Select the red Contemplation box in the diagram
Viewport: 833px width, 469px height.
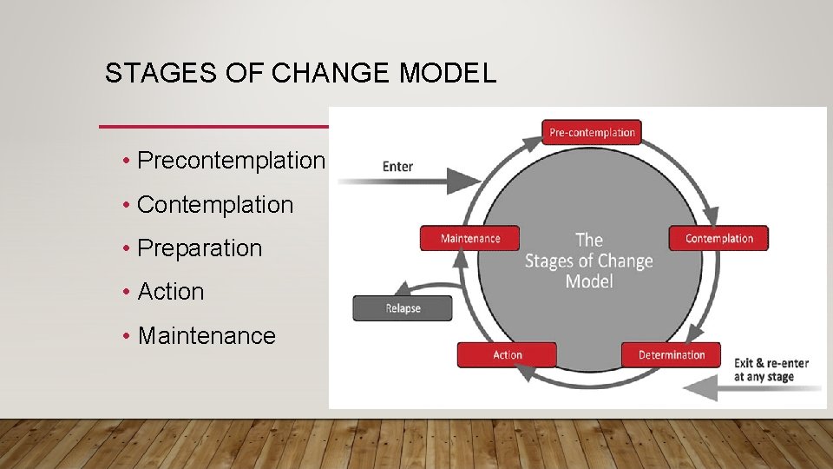[718, 238]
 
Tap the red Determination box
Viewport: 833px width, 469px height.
[671, 354]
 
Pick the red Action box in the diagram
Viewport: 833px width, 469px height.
[507, 354]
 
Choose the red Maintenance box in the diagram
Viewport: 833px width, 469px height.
[470, 238]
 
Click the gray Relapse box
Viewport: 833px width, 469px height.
[403, 308]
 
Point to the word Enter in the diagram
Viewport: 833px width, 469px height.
[397, 166]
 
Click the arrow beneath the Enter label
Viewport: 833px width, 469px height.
[408, 182]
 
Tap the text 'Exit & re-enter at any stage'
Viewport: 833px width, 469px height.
[771, 369]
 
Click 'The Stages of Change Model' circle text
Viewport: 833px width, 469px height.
[588, 260]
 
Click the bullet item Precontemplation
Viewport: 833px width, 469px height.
[231, 161]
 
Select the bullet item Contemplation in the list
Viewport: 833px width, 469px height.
[215, 205]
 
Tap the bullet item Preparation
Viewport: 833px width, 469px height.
[200, 248]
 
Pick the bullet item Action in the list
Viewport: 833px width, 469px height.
[171, 292]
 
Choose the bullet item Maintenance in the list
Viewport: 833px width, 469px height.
[207, 336]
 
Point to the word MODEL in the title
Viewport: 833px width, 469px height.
[447, 74]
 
